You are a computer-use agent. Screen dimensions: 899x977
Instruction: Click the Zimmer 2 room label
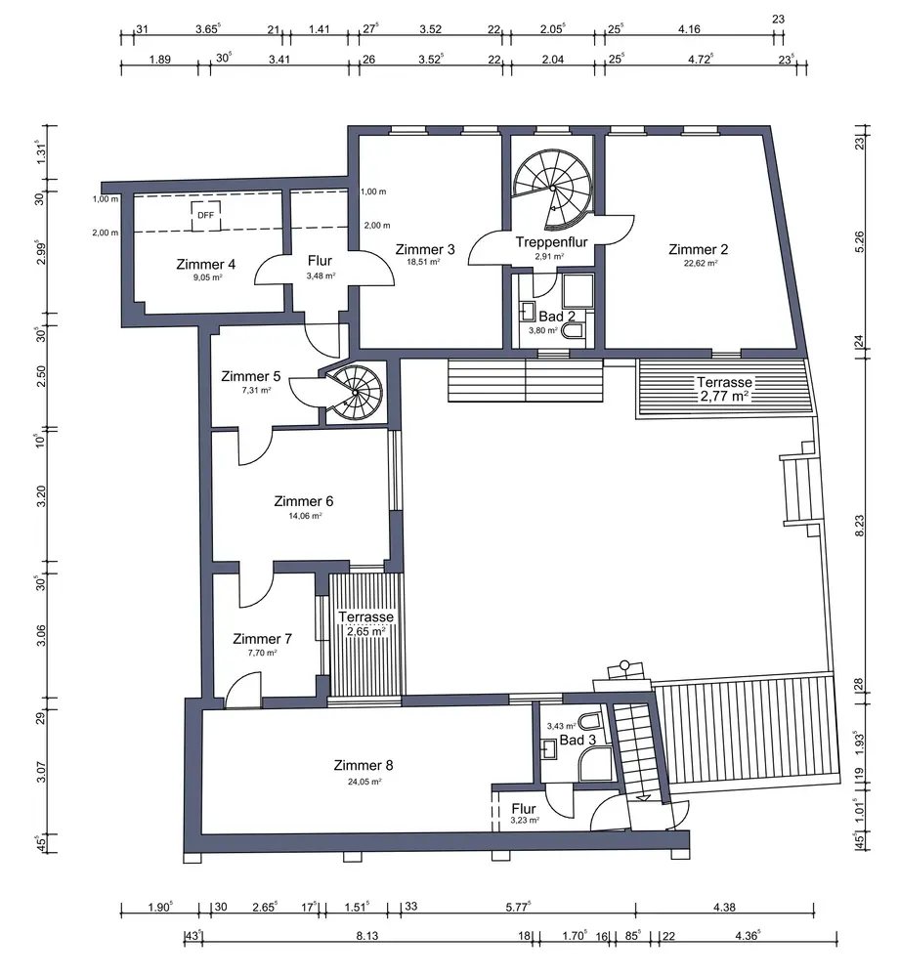coord(698,249)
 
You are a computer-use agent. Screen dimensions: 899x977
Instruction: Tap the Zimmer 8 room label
coord(364,765)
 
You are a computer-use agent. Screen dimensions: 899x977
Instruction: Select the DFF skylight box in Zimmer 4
coord(205,216)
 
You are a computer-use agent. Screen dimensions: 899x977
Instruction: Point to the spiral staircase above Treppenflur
coord(553,188)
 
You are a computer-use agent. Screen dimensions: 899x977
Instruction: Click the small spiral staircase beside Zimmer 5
coord(355,393)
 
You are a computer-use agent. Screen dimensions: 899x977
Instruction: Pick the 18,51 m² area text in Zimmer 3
coord(424,262)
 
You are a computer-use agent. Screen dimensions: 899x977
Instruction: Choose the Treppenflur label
coord(551,241)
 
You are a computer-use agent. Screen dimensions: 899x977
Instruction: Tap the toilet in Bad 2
coord(573,331)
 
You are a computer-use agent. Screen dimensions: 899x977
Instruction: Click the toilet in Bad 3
coord(589,722)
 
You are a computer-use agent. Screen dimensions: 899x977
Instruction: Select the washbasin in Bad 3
coord(548,748)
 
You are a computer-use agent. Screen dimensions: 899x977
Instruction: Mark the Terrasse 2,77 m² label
coord(724,389)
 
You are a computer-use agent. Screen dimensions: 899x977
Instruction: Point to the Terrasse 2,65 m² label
coord(365,623)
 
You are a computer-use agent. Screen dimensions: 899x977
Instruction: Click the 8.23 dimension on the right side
coord(859,525)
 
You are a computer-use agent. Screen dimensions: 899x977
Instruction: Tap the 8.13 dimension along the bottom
coord(367,935)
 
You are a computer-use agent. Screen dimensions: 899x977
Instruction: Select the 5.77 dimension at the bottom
coord(518,907)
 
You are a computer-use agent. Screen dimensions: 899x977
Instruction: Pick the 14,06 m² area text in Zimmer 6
coord(305,516)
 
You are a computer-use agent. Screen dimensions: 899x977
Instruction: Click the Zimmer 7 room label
coord(262,639)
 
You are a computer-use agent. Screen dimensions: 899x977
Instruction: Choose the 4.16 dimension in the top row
coord(689,29)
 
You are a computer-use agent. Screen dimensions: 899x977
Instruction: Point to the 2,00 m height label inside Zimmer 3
coord(377,226)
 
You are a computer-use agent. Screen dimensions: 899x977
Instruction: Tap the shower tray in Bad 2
coord(578,291)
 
